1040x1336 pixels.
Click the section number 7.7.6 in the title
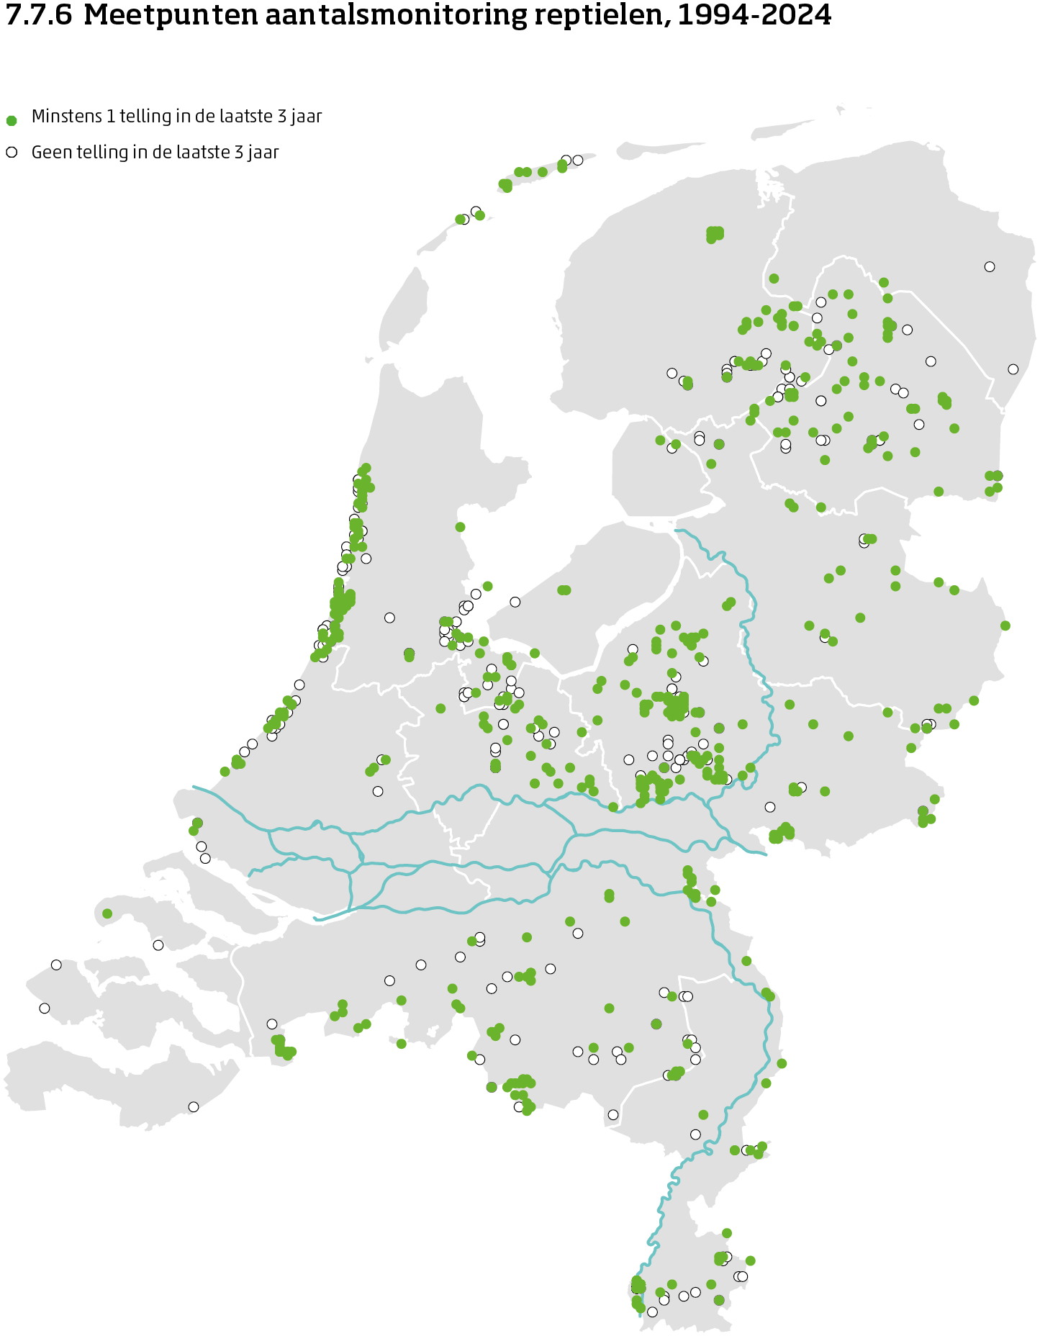pyautogui.click(x=39, y=15)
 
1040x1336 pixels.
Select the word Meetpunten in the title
pyautogui.click(x=171, y=15)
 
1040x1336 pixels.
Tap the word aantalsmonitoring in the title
pyautogui.click(x=395, y=15)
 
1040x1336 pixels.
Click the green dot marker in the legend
pyautogui.click(x=12, y=120)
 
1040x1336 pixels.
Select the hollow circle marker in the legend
pyautogui.click(x=12, y=153)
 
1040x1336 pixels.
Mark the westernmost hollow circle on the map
pyautogui.click(x=45, y=1008)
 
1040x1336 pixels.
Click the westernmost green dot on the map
pyautogui.click(x=107, y=913)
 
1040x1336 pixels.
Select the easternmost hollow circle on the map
pyautogui.click(x=1013, y=369)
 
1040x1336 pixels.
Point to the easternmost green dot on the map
pyautogui.click(x=1005, y=626)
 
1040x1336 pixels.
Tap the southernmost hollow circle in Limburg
pyautogui.click(x=652, y=1312)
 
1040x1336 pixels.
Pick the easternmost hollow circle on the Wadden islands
pyautogui.click(x=577, y=160)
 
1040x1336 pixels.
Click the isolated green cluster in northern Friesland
pyautogui.click(x=715, y=233)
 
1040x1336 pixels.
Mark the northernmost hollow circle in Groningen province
pyautogui.click(x=990, y=266)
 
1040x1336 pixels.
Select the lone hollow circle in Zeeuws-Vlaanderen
pyautogui.click(x=194, y=1107)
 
